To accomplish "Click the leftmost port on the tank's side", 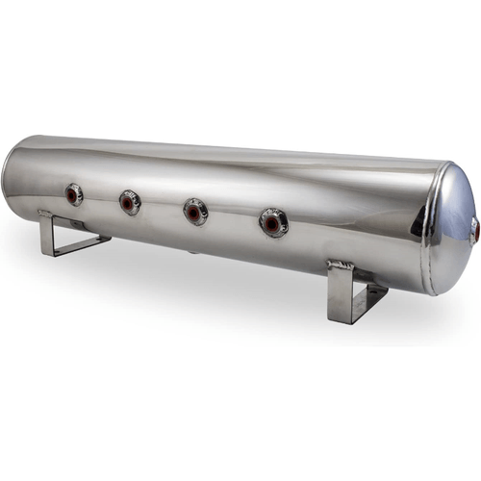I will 73,194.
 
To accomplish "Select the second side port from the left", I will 130,202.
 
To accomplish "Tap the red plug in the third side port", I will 195,212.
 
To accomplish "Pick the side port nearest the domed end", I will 272,223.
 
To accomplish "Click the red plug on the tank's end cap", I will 473,231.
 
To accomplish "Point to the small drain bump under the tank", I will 192,252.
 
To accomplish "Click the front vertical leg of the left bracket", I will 45,236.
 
